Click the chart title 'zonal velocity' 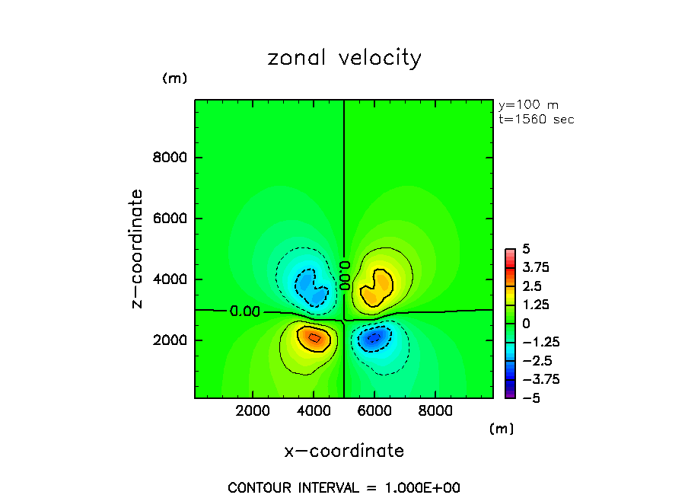click(x=344, y=59)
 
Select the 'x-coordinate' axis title click(x=344, y=451)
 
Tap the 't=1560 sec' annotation click(x=536, y=120)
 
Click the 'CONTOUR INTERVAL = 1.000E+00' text click(x=344, y=487)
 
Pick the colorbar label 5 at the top click(x=525, y=249)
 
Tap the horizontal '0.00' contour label click(x=244, y=311)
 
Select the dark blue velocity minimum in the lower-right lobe click(x=373, y=338)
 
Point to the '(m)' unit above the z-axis click(x=174, y=78)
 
